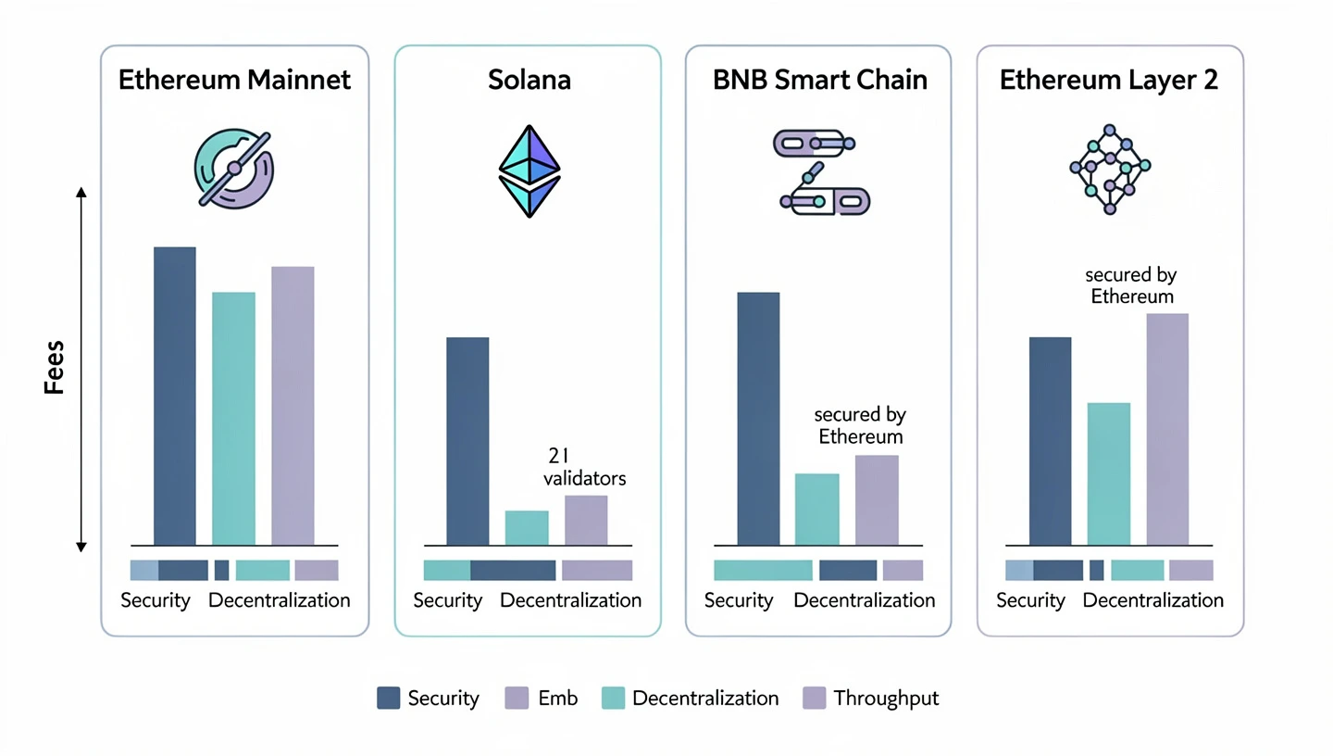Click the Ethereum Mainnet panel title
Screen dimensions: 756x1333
234,80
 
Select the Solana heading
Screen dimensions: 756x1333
529,80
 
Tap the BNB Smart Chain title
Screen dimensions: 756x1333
819,80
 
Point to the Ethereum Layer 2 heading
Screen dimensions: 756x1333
1109,80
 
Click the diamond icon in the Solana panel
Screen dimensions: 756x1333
529,170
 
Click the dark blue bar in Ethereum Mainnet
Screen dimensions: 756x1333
175,397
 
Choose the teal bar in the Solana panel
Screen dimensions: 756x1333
527,528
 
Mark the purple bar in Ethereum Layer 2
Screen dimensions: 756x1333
1167,429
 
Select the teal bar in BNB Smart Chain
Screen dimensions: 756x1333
817,510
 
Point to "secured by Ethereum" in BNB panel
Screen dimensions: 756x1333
859,425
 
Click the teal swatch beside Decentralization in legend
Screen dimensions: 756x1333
613,699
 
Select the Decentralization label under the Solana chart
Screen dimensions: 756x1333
570,600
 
